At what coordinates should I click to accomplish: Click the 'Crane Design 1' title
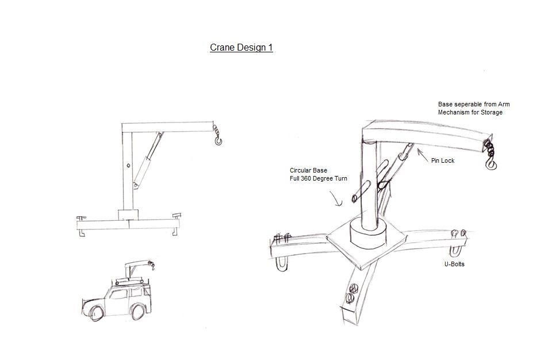241,48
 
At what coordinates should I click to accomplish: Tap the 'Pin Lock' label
442,161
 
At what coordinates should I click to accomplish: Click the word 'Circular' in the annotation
301,171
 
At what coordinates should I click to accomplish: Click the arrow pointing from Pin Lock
422,154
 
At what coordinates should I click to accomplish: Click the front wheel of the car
97,313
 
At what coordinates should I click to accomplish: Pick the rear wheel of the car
138,312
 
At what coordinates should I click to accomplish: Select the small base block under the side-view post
128,215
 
